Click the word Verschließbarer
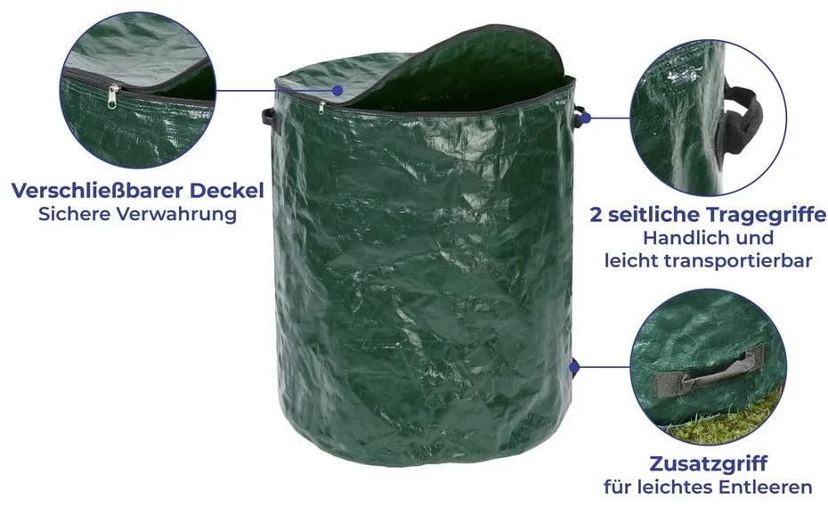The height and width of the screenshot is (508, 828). click(x=98, y=191)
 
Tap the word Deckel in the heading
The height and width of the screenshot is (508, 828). click(x=227, y=191)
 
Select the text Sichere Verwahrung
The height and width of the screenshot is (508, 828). click(x=137, y=214)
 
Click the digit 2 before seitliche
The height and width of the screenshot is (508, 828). click(x=597, y=215)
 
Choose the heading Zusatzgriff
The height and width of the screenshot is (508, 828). click(x=708, y=463)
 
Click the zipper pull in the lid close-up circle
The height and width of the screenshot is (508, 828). click(x=112, y=97)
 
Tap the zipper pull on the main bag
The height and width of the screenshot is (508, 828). click(x=321, y=108)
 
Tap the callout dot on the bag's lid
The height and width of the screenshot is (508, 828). click(x=337, y=90)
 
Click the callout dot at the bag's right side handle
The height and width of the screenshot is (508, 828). click(x=586, y=118)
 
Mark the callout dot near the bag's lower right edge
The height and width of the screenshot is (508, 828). click(x=574, y=366)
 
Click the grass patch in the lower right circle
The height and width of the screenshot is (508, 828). click(x=728, y=421)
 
